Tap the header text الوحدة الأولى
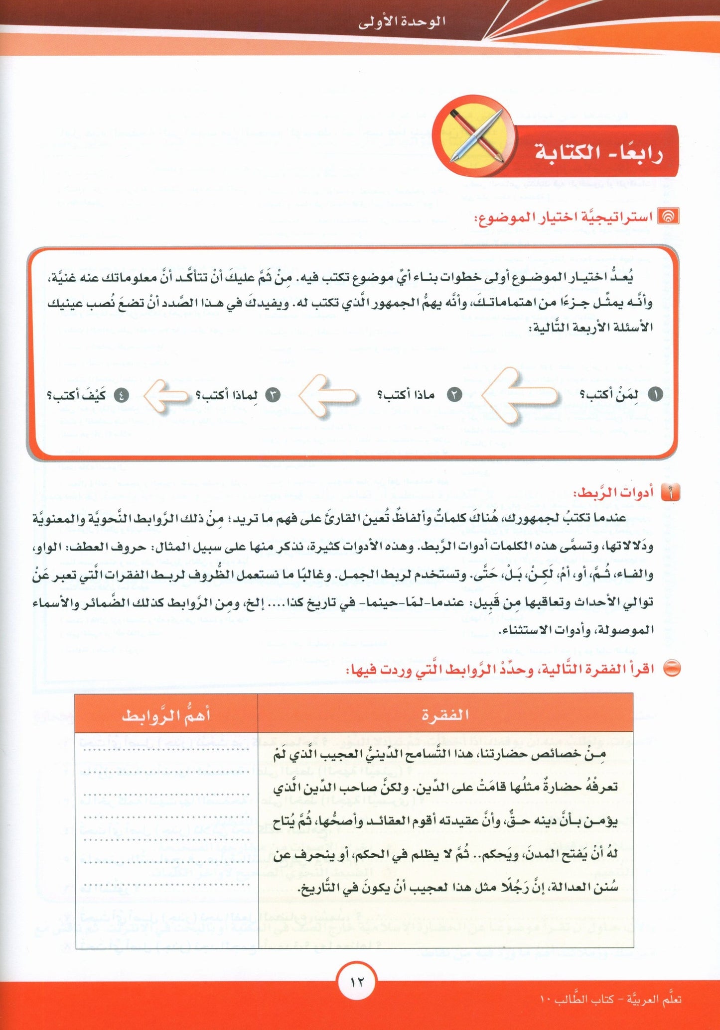click(x=402, y=22)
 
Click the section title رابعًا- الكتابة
click(x=598, y=152)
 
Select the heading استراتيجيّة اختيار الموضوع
click(x=563, y=218)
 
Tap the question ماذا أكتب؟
click(x=406, y=395)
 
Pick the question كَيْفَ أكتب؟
click(x=76, y=396)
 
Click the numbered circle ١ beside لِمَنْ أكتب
click(x=655, y=395)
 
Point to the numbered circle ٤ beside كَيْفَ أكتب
click(x=121, y=396)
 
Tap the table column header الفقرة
click(x=445, y=714)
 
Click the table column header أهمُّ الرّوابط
click(x=166, y=715)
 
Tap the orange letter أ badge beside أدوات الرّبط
click(x=670, y=493)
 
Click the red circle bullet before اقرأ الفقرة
click(x=672, y=669)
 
